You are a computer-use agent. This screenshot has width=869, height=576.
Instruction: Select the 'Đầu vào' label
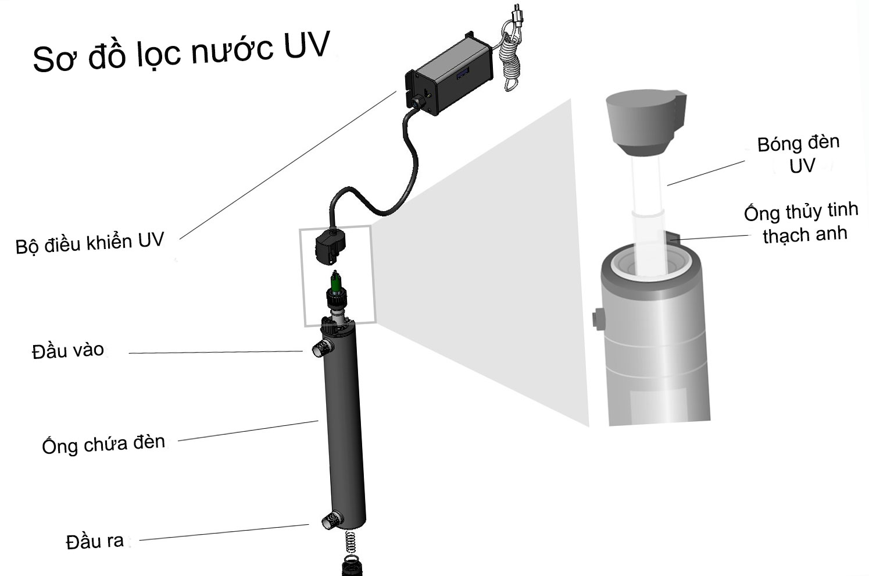coord(68,351)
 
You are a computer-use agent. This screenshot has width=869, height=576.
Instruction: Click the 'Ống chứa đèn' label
coord(103,445)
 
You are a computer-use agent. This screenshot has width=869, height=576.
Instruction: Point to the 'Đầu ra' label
coord(95,542)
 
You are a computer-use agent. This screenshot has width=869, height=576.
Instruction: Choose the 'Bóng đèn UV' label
coord(799,154)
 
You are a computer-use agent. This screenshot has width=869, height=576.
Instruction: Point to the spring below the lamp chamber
coord(351,543)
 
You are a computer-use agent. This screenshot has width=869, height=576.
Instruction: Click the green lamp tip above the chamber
coord(335,282)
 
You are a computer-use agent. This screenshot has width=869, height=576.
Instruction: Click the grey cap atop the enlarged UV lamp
coord(643,123)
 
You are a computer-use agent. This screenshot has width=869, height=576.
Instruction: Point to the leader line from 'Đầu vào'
coord(215,352)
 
